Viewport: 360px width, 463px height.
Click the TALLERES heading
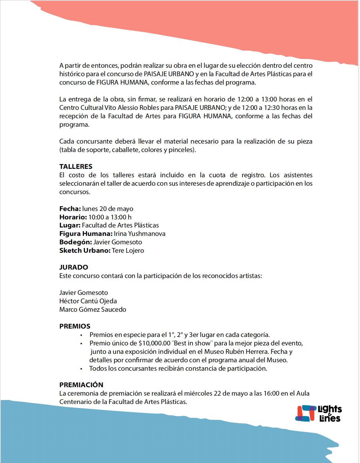(x=76, y=166)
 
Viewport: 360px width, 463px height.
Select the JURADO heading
(x=73, y=267)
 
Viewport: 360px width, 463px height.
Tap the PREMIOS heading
(x=75, y=326)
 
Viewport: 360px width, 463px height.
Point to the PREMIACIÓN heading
(x=81, y=385)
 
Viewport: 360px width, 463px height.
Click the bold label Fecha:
(x=70, y=209)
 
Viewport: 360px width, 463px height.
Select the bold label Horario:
(x=73, y=217)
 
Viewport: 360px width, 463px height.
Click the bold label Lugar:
(x=70, y=225)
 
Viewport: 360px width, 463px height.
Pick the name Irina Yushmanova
(x=140, y=234)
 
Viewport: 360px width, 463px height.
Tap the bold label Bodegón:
(x=76, y=242)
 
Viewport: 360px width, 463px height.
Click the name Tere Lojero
(x=128, y=250)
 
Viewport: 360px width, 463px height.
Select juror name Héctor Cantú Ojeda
(x=88, y=301)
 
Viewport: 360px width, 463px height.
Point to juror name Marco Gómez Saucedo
(x=93, y=309)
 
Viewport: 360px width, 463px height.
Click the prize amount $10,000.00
(x=154, y=343)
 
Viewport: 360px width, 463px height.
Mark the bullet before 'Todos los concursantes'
(x=81, y=369)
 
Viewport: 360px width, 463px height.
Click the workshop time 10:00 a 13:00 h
(x=110, y=217)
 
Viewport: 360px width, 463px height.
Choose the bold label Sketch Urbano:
(x=85, y=250)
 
